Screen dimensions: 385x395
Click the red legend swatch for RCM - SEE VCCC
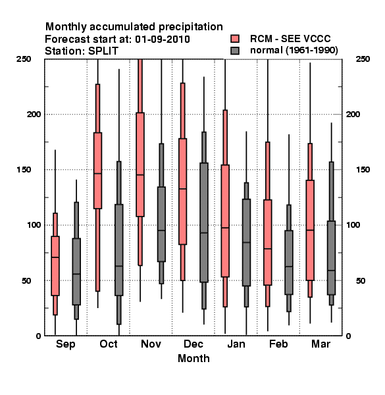235,39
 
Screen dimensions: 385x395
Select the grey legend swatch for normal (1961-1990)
235,51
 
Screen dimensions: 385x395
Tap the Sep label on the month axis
65,344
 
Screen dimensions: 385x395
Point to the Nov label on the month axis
151,344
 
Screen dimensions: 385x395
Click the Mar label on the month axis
321,344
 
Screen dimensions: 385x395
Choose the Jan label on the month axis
236,344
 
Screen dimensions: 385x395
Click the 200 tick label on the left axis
34,114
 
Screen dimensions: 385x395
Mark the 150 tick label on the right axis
363,170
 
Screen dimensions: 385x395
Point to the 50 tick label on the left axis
26,280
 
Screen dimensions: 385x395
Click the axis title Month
193,359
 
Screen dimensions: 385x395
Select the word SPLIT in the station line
103,51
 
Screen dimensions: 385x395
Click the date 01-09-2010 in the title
163,39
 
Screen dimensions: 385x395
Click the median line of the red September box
55,257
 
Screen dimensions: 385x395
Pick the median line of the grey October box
119,266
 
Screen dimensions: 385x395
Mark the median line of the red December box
182,188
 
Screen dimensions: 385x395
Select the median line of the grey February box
289,266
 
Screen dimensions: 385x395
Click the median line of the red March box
310,230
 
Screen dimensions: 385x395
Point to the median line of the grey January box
246,242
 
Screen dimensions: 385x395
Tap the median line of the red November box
140,174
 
